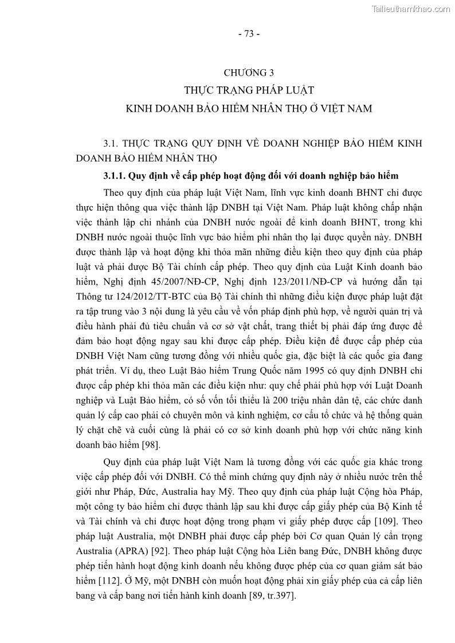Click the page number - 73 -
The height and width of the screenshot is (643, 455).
point(249,33)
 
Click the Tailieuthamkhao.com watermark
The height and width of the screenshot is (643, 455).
point(411,9)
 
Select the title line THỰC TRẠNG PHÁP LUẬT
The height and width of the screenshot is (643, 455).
point(249,90)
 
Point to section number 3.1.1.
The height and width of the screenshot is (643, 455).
point(113,176)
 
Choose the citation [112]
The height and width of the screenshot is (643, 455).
point(108,581)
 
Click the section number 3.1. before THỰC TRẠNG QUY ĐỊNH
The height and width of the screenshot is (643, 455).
point(110,143)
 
